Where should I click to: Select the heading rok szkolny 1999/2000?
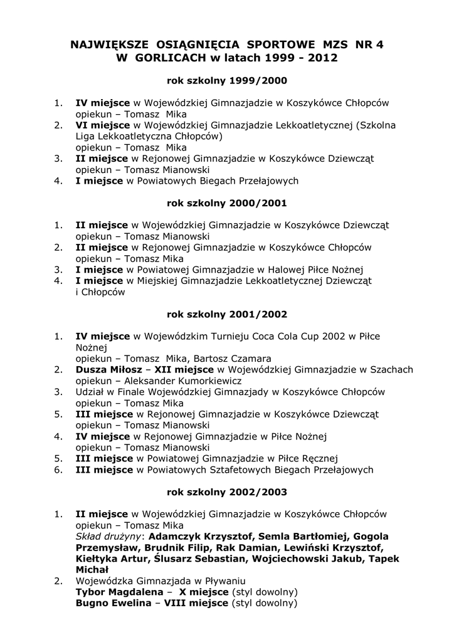pyautogui.click(x=227, y=81)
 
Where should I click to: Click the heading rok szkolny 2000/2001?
pyautogui.click(x=227, y=203)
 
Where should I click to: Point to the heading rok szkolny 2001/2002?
pyautogui.click(x=227, y=314)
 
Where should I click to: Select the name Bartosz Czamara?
pyautogui.click(x=220, y=359)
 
